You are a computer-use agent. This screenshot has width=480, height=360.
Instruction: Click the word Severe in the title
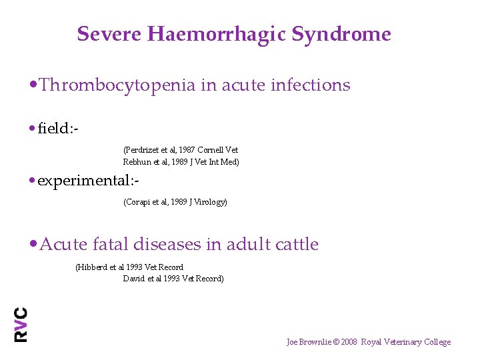tap(99, 34)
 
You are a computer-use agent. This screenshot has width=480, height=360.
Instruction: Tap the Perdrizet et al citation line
tap(181, 150)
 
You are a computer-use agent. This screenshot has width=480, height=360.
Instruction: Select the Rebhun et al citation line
tap(181, 162)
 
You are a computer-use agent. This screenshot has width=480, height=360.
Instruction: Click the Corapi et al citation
tap(175, 202)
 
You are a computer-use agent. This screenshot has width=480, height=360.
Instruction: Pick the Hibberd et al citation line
tap(129, 267)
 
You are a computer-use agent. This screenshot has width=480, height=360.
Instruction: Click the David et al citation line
tap(173, 279)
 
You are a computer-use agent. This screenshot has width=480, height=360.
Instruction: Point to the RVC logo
tap(21, 325)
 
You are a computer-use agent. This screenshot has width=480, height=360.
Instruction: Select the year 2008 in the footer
tap(348, 342)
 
